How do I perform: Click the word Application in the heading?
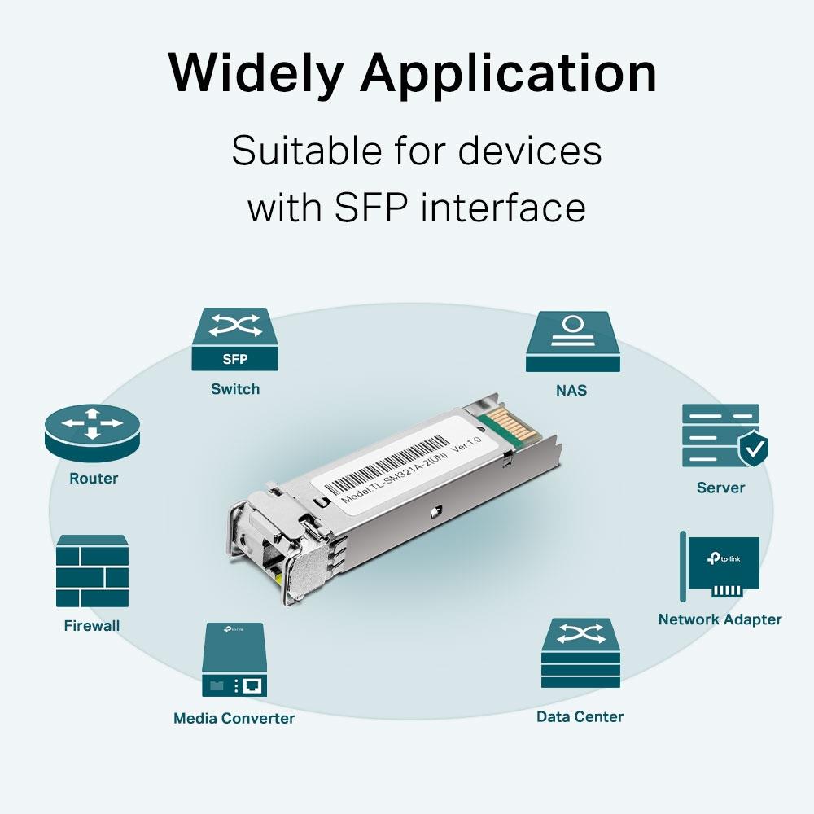click(508, 73)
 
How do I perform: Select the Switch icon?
click(235, 338)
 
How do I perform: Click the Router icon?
click(93, 431)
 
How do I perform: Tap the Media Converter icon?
click(234, 659)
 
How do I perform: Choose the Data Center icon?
click(580, 654)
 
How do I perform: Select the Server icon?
click(720, 435)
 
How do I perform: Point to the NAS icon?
click(573, 342)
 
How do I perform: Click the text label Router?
click(94, 479)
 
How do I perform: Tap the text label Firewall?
click(92, 626)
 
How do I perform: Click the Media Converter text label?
click(234, 718)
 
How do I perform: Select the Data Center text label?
click(580, 716)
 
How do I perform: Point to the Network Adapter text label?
click(720, 619)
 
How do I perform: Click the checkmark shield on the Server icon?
click(753, 448)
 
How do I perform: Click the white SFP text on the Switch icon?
click(234, 359)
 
